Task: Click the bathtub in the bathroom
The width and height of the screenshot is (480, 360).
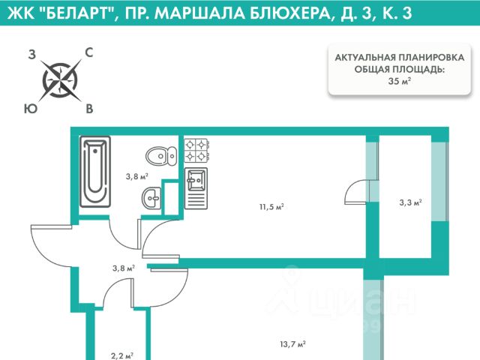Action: coord(95,172)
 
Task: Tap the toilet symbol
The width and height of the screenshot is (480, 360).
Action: coord(160,156)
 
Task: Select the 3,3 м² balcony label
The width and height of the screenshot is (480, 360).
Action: coord(409,202)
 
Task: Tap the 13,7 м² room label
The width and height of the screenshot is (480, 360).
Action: coord(293,344)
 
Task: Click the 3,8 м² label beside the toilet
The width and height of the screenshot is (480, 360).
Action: coord(136,177)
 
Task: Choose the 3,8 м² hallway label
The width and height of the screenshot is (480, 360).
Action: coord(122,267)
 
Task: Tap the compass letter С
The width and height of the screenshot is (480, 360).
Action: coord(88,52)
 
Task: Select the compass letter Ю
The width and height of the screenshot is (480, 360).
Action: coord(31,109)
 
